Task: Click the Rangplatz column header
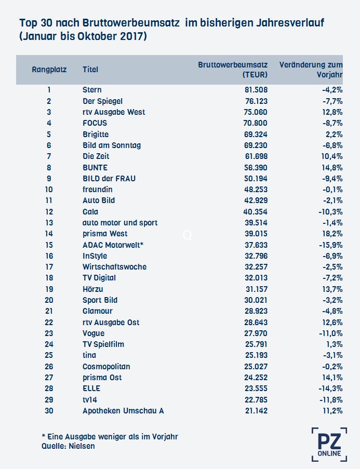[x=49, y=70]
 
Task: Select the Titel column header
[x=90, y=70]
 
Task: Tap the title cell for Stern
[x=92, y=90]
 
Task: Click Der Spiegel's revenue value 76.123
[x=256, y=101]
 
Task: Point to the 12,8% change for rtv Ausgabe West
[x=332, y=112]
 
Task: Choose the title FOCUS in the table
[x=95, y=123]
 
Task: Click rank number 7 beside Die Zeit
[x=49, y=156]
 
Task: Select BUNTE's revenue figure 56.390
[x=256, y=167]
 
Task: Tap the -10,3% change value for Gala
[x=330, y=212]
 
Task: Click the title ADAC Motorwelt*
[x=113, y=245]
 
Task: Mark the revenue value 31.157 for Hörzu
[x=256, y=289]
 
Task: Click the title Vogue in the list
[x=94, y=333]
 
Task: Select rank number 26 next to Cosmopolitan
[x=49, y=366]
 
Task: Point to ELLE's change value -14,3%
[x=330, y=388]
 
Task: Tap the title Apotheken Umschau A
[x=123, y=411]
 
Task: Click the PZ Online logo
[x=329, y=445]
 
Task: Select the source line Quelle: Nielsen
[x=68, y=446]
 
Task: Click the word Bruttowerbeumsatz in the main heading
[x=131, y=23]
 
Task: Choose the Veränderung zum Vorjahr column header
[x=311, y=70]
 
